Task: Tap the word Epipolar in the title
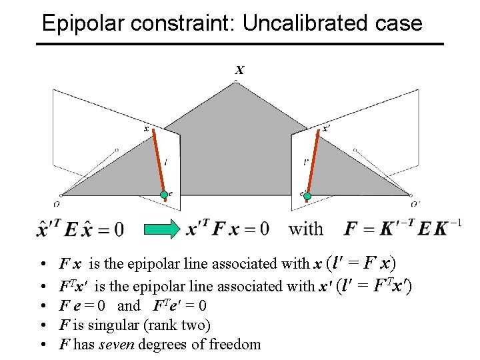(85, 24)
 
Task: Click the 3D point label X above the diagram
(239, 70)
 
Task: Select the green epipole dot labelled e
(163, 194)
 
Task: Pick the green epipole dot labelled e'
(309, 194)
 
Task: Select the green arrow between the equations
(163, 229)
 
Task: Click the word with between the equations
(305, 229)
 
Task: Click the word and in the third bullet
(129, 306)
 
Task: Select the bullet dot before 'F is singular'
(42, 326)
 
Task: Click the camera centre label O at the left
(57, 205)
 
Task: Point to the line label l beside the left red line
(165, 161)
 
